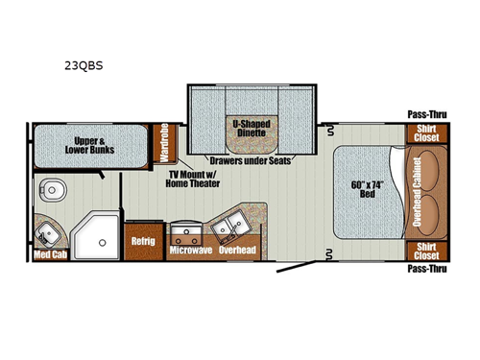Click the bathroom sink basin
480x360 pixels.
45,231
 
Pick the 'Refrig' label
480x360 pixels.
142,241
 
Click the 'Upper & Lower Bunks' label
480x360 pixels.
93,143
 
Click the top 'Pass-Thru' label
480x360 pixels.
425,115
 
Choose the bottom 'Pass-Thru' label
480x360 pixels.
425,272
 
